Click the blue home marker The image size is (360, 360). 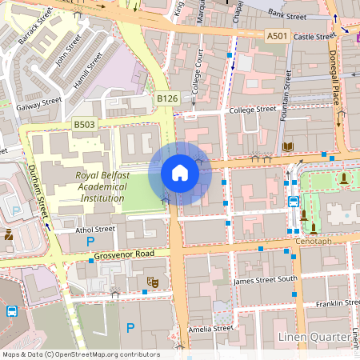pyautogui.click(x=180, y=173)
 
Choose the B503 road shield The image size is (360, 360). pyautogui.click(x=84, y=124)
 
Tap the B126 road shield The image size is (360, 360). pyautogui.click(x=166, y=98)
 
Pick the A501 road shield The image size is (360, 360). pyautogui.click(x=277, y=35)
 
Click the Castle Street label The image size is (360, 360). pyautogui.click(x=314, y=36)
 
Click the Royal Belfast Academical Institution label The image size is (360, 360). pyautogui.click(x=101, y=186)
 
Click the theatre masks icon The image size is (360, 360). pyautogui.click(x=151, y=282)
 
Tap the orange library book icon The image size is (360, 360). pyautogui.click(x=287, y=147)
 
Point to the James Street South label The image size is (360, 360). pyautogui.click(x=265, y=280)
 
